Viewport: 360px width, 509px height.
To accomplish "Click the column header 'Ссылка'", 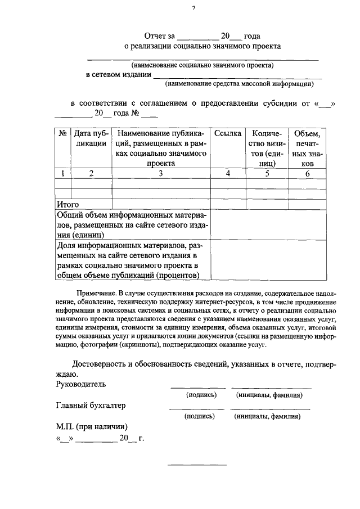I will (228, 134).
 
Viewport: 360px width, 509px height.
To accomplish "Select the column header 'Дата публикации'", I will (91, 138).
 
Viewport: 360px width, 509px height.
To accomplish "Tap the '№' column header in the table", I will (62, 134).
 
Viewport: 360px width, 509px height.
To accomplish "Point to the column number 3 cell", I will (160, 174).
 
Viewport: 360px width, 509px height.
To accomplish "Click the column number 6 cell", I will (307, 174).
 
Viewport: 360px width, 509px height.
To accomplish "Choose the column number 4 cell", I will (228, 174).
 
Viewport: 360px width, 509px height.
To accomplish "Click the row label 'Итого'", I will (67, 204).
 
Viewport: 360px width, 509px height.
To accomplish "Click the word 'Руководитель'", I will (81, 384).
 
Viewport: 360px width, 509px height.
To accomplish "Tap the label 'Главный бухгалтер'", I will (91, 406).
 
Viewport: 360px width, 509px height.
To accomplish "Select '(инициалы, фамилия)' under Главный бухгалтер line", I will (267, 417).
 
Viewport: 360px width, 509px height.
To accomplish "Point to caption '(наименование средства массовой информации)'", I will (239, 84).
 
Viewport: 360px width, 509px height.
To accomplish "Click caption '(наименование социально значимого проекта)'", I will (202, 65).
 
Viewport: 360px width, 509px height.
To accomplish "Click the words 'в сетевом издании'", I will (118, 75).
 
